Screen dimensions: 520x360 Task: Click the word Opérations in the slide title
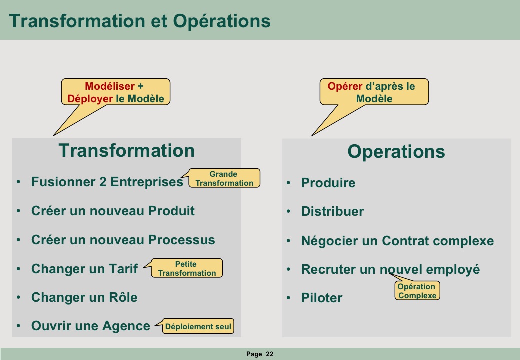(222, 21)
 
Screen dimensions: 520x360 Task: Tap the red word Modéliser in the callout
(110, 86)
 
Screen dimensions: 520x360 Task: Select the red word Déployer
(90, 99)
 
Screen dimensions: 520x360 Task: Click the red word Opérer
(345, 87)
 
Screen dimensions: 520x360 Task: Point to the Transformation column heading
(126, 150)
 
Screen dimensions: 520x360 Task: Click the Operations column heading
(396, 152)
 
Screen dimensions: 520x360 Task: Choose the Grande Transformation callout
(224, 178)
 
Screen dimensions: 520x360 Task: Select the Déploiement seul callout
(198, 326)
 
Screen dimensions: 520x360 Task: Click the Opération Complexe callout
(417, 291)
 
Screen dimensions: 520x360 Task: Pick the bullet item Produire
(328, 183)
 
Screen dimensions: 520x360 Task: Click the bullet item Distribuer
(332, 211)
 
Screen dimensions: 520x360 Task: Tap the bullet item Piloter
(322, 298)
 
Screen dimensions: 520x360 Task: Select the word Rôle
(123, 297)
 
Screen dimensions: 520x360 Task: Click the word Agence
(126, 326)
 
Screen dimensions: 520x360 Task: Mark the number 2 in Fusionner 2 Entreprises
(103, 182)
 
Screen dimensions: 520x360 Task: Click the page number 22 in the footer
(270, 354)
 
